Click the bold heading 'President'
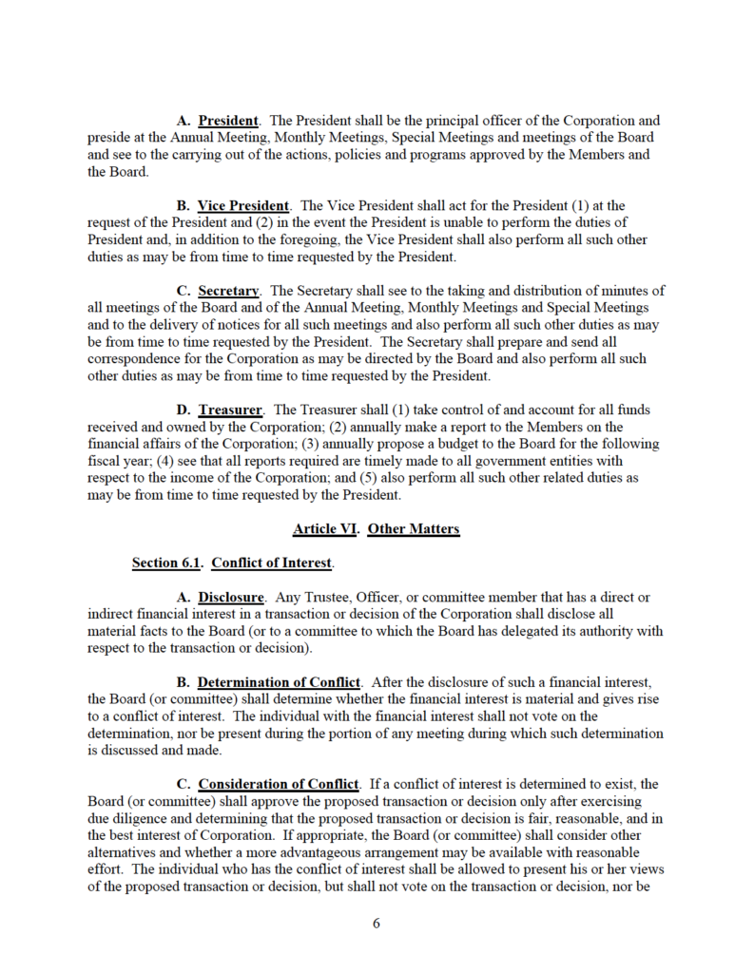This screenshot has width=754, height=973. click(228, 122)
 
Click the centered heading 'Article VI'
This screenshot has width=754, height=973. click(325, 529)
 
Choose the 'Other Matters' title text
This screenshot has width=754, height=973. click(414, 529)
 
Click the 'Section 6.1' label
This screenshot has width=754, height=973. click(167, 563)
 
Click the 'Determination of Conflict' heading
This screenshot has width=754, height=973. click(280, 682)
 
